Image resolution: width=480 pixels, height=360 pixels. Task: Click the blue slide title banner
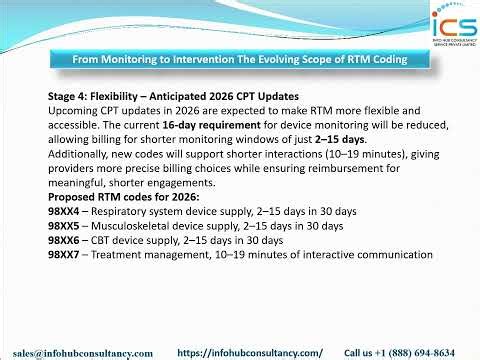[x=239, y=60]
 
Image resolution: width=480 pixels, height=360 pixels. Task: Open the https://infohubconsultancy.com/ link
[x=250, y=353]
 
